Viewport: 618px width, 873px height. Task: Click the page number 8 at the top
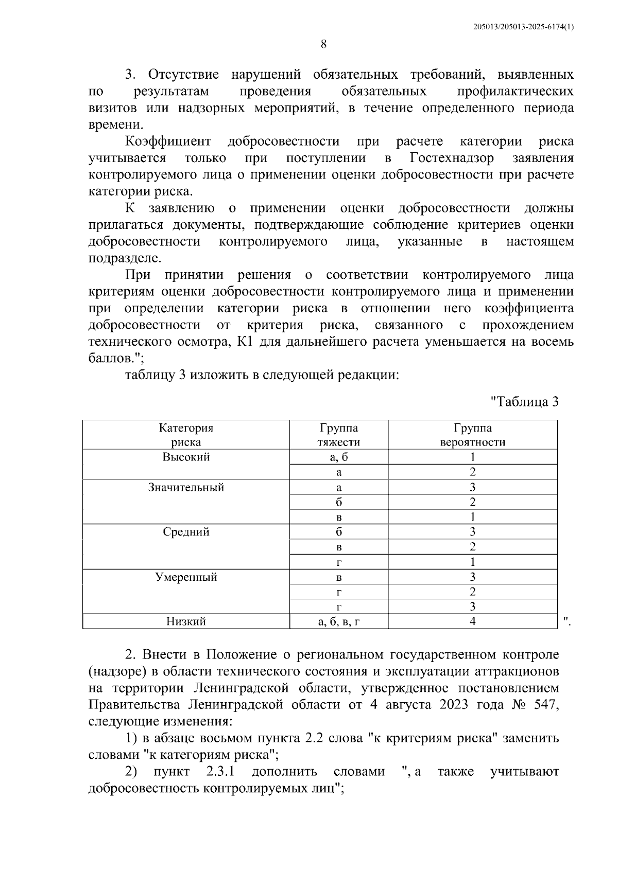coord(323,44)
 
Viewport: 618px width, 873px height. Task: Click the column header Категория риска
coord(186,435)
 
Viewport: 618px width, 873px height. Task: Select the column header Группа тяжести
coord(338,435)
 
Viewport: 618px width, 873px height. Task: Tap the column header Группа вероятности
coord(472,435)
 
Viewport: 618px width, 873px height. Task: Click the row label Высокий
coord(186,457)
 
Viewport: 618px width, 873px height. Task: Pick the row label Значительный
coord(186,487)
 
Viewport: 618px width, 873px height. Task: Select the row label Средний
coord(186,532)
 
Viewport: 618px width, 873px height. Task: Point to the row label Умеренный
coord(186,577)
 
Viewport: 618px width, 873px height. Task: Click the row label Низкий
coord(186,621)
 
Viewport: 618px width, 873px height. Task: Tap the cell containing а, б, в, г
coord(338,621)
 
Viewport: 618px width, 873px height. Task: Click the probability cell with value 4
coord(472,621)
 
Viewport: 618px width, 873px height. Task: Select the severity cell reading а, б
coord(338,457)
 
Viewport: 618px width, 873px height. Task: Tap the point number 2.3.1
coord(220,772)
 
